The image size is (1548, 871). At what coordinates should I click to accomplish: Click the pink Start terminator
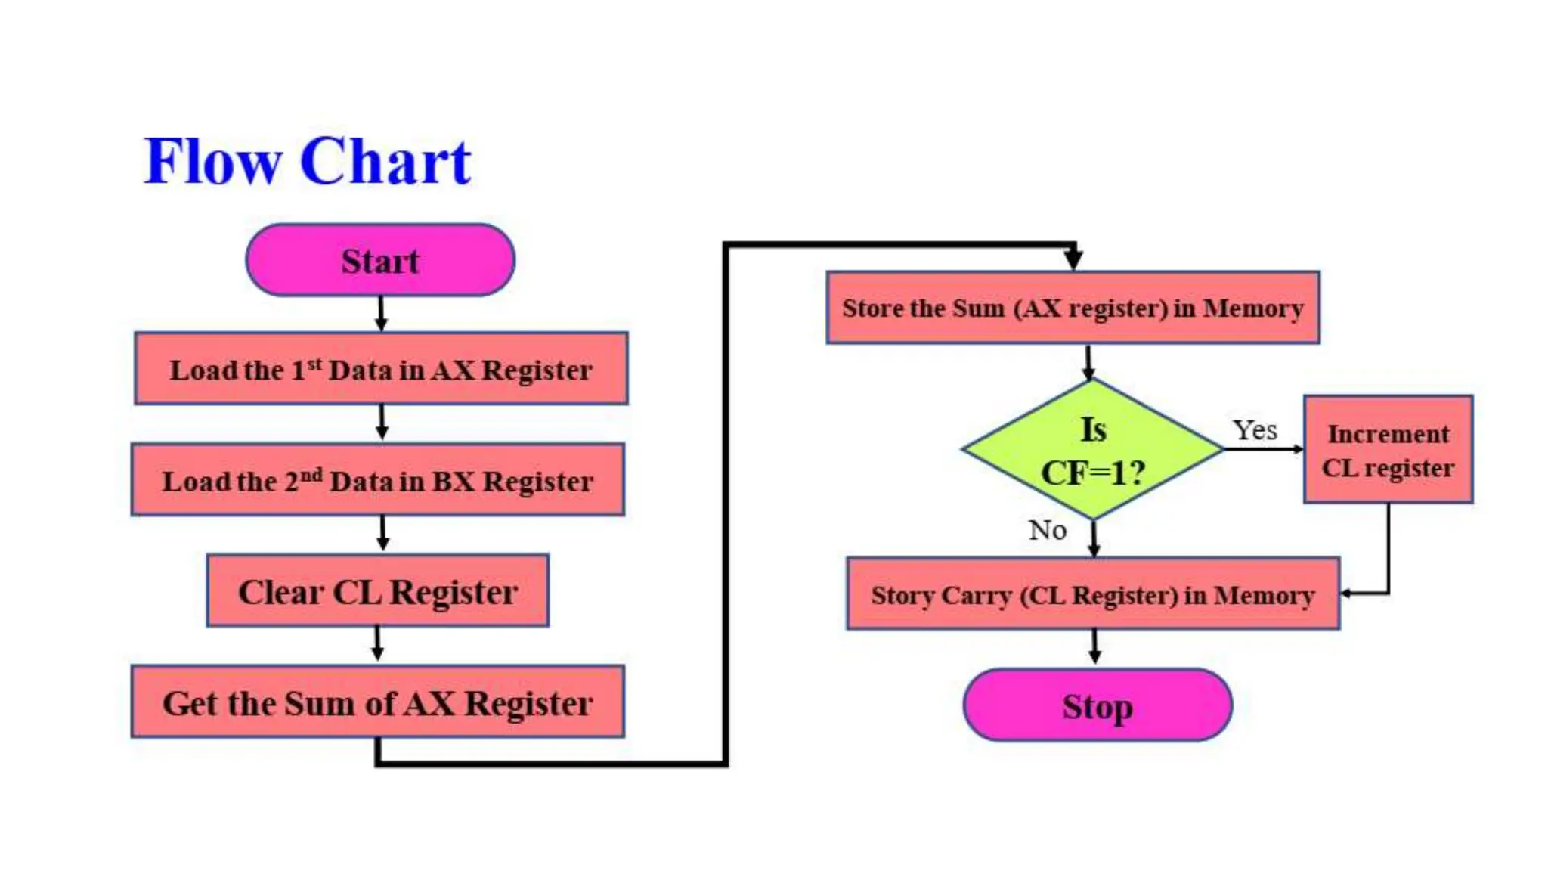tap(380, 259)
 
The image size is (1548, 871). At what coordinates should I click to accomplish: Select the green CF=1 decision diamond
tap(1093, 449)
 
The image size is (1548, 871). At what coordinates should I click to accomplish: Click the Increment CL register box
tap(1388, 449)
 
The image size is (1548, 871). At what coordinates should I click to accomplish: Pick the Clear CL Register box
tap(378, 590)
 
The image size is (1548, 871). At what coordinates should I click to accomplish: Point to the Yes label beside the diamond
tap(1255, 430)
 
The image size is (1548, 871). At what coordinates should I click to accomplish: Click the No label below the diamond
tap(1048, 530)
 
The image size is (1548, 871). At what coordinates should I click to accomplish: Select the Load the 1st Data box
tap(381, 369)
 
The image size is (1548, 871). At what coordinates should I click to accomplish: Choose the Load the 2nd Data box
tap(378, 480)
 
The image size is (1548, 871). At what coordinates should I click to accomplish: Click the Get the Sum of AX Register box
tap(378, 702)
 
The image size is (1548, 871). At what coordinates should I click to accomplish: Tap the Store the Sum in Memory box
tap(1073, 308)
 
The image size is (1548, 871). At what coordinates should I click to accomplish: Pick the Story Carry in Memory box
tap(1093, 594)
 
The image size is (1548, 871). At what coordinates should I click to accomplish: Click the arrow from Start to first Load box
tap(381, 313)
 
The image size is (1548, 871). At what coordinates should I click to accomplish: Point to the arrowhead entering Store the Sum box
tap(1073, 259)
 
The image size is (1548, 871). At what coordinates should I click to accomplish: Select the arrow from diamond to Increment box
tap(1262, 449)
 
